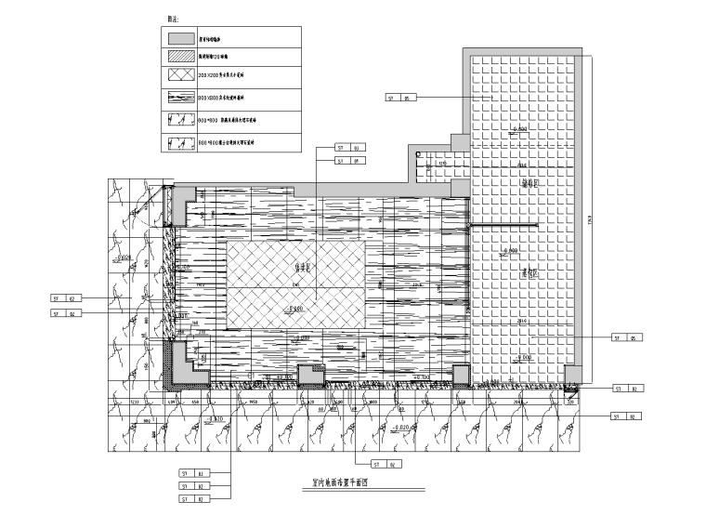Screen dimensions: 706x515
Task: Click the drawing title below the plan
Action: [337, 483]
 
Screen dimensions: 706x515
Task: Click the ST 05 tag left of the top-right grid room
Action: [400, 97]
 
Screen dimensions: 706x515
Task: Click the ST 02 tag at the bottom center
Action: [385, 463]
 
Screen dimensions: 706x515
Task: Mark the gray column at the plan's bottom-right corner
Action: [573, 376]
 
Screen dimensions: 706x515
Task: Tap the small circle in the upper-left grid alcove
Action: [417, 154]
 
